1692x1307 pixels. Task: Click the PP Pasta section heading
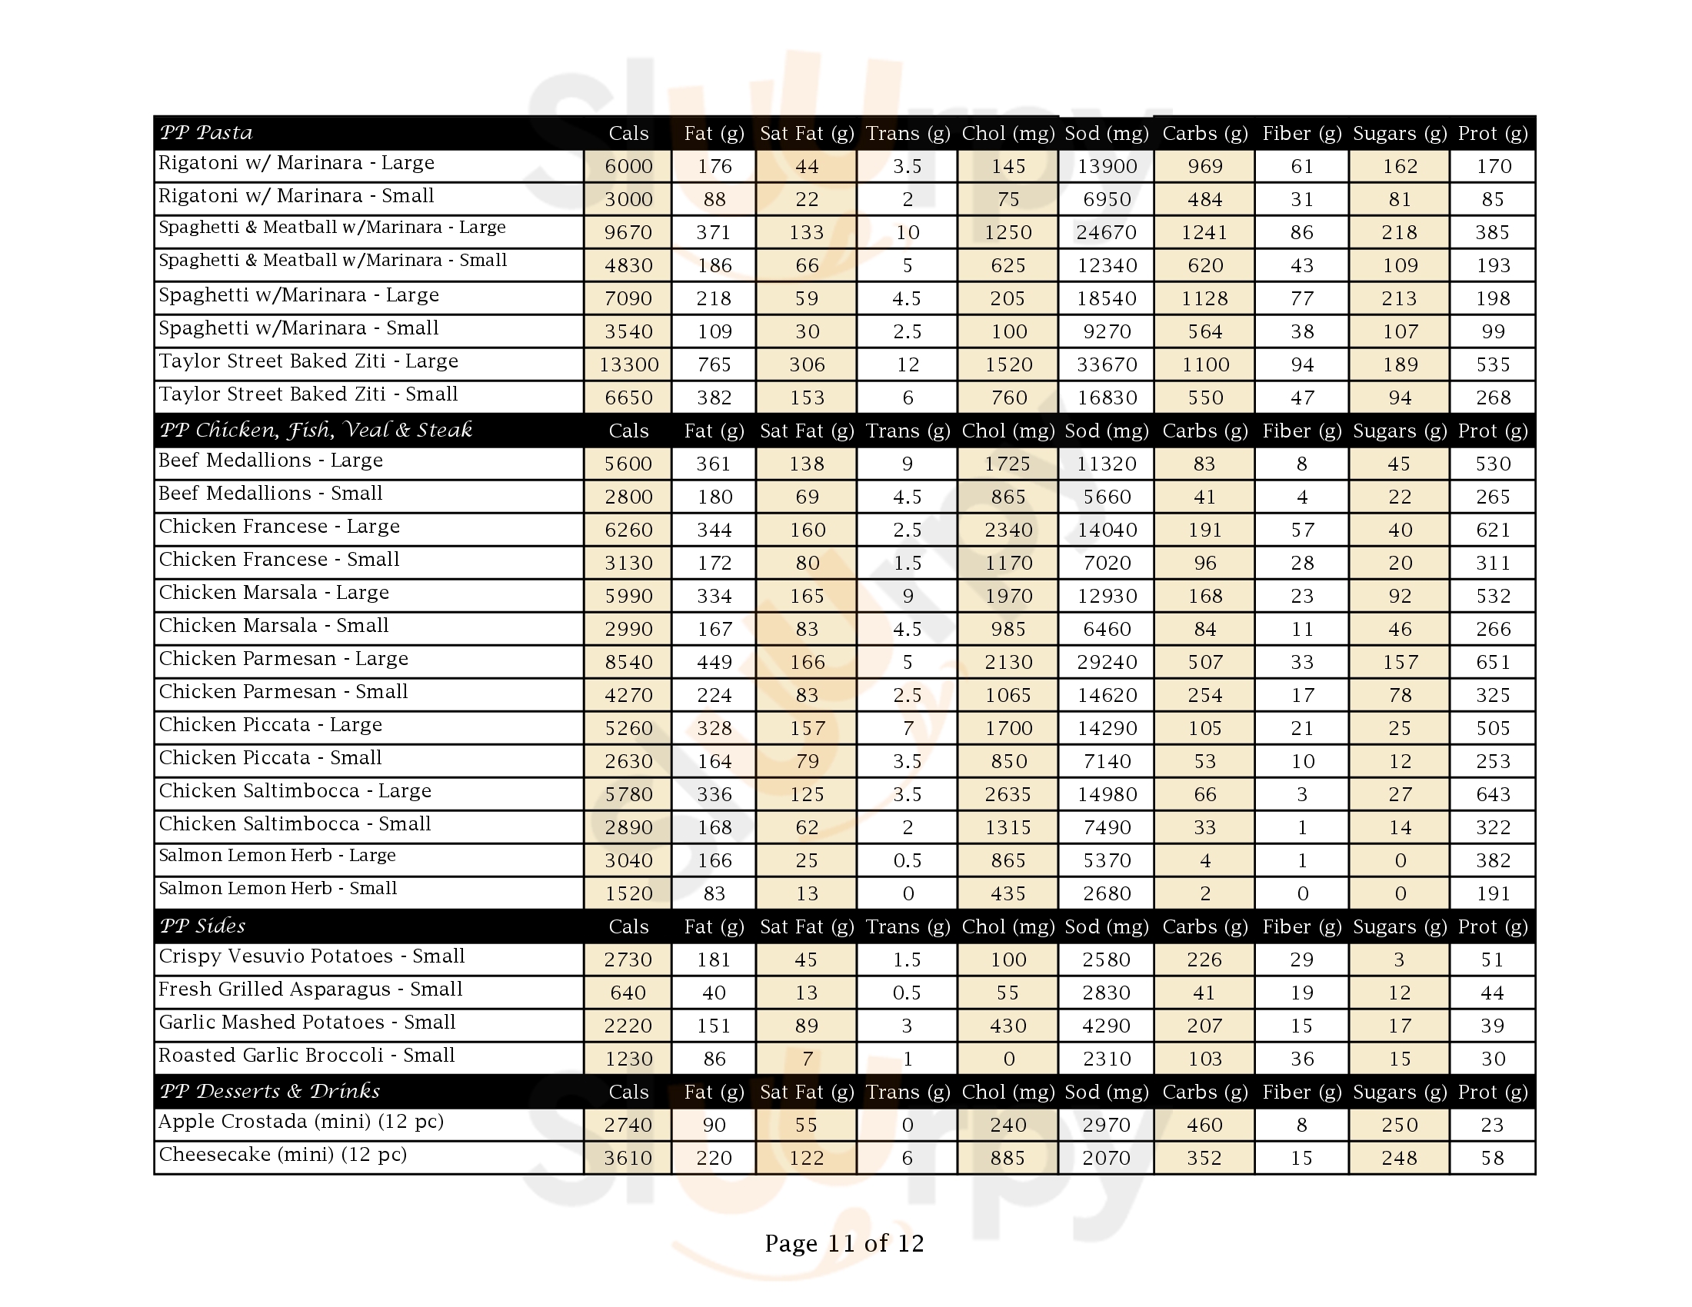coord(206,132)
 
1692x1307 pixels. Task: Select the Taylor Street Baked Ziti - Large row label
coord(308,361)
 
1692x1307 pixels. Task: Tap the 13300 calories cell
coord(628,364)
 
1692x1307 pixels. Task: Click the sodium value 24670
coord(1106,232)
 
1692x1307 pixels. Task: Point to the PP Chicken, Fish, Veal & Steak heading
coord(315,430)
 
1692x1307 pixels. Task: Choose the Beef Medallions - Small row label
coord(271,494)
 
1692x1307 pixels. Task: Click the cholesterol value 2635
coord(1008,794)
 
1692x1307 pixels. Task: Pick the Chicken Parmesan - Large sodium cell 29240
coord(1106,662)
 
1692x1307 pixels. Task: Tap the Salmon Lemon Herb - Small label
coord(278,889)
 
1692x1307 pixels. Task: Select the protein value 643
coord(1493,794)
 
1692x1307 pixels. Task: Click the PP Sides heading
coord(202,926)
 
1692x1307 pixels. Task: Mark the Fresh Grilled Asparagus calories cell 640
coord(628,993)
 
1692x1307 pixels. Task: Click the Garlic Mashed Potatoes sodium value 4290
coord(1106,1026)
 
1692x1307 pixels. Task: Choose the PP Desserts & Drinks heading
coord(270,1091)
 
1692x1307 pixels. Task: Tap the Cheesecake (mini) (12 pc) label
coord(283,1156)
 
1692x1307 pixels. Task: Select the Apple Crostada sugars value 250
coord(1399,1125)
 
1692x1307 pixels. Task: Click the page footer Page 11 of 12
coord(844,1243)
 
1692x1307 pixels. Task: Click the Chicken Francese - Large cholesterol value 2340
coord(1008,530)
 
